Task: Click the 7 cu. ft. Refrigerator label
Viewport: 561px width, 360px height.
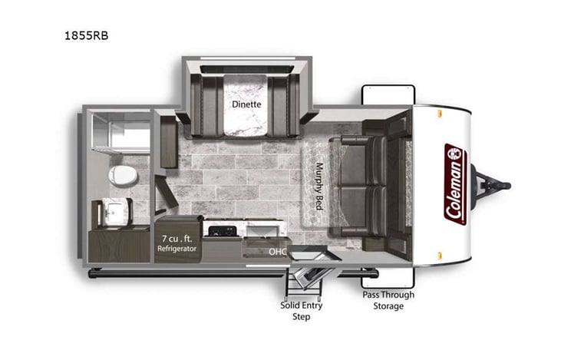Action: point(178,244)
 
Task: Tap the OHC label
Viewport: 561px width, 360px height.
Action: point(277,251)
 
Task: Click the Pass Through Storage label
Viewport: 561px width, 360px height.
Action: point(388,300)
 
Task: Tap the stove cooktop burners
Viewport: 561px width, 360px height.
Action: point(223,230)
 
